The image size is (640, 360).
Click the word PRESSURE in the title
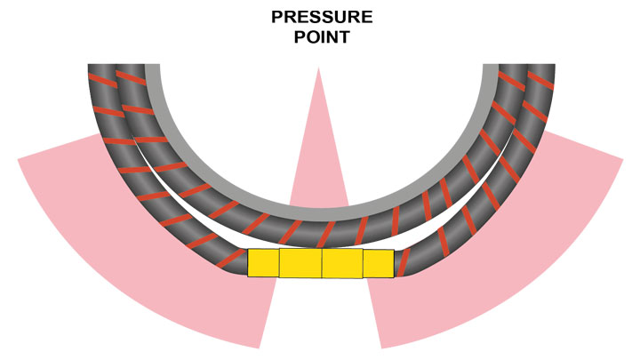pyautogui.click(x=321, y=17)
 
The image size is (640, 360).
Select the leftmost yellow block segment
pyautogui.click(x=263, y=263)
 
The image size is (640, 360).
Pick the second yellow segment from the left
pyautogui.click(x=300, y=263)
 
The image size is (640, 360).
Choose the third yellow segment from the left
pyautogui.click(x=342, y=263)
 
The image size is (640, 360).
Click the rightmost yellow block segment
pyautogui.click(x=378, y=263)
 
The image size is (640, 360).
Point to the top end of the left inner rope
pyautogui.click(x=131, y=68)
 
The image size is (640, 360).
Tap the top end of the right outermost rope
pyautogui.click(x=542, y=68)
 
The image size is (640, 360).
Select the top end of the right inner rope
pyautogui.click(x=514, y=68)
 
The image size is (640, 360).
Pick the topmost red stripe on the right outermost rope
pyautogui.click(x=538, y=86)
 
